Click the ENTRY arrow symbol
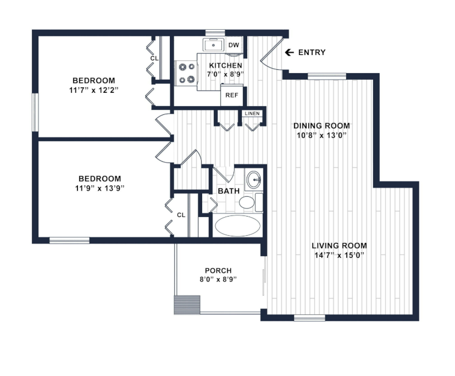click(289, 52)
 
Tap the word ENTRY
click(312, 52)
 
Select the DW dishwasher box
click(234, 45)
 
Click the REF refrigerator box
click(231, 95)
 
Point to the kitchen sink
click(213, 45)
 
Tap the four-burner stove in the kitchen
click(186, 73)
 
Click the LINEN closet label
click(252, 113)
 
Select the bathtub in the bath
click(237, 225)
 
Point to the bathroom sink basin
click(254, 179)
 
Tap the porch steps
click(187, 305)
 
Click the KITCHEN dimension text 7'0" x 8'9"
click(225, 74)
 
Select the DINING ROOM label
click(321, 126)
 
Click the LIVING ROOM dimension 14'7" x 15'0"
click(339, 255)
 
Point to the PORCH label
click(218, 270)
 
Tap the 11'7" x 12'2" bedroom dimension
click(94, 90)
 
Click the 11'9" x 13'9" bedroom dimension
click(99, 188)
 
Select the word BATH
click(229, 191)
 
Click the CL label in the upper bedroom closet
click(154, 58)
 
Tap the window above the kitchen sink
click(215, 32)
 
